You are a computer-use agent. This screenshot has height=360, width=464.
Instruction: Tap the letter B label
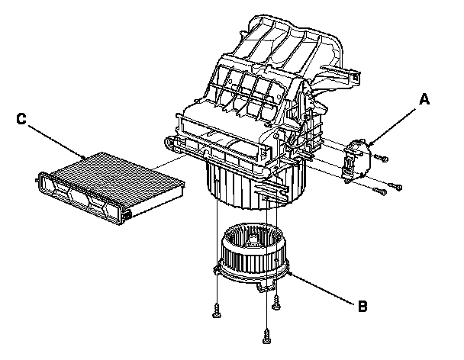pyautogui.click(x=363, y=307)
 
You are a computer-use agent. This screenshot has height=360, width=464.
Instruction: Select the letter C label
pyautogui.click(x=22, y=120)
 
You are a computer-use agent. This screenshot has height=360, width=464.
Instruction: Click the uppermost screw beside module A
pyautogui.click(x=383, y=158)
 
